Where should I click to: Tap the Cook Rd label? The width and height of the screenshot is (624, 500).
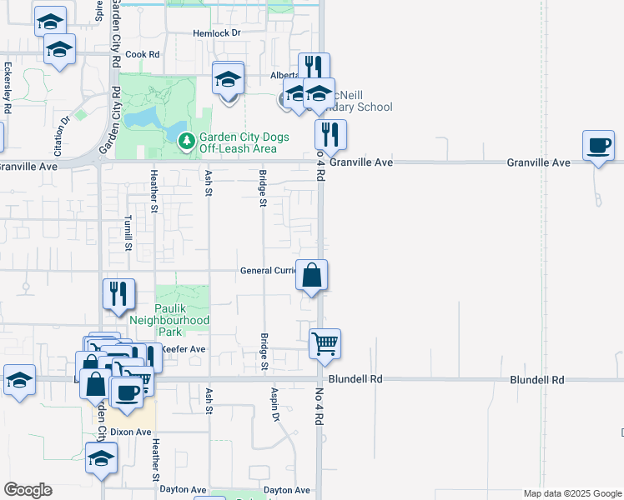pyautogui.click(x=142, y=54)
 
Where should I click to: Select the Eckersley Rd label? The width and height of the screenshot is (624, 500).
pyautogui.click(x=8, y=87)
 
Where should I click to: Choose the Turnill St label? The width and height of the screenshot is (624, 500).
pyautogui.click(x=128, y=232)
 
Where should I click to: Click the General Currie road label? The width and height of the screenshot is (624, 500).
pyautogui.click(x=268, y=271)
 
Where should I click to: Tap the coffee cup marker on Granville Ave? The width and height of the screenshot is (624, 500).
pyautogui.click(x=598, y=146)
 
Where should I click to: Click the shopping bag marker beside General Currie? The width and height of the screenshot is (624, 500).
pyautogui.click(x=311, y=276)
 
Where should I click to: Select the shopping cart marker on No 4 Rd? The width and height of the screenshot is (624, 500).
pyautogui.click(x=325, y=343)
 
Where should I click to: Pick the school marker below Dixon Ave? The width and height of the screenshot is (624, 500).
pyautogui.click(x=102, y=458)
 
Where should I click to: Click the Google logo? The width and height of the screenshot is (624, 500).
pyautogui.click(x=28, y=490)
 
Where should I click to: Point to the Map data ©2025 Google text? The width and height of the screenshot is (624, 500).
pyautogui.click(x=571, y=493)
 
